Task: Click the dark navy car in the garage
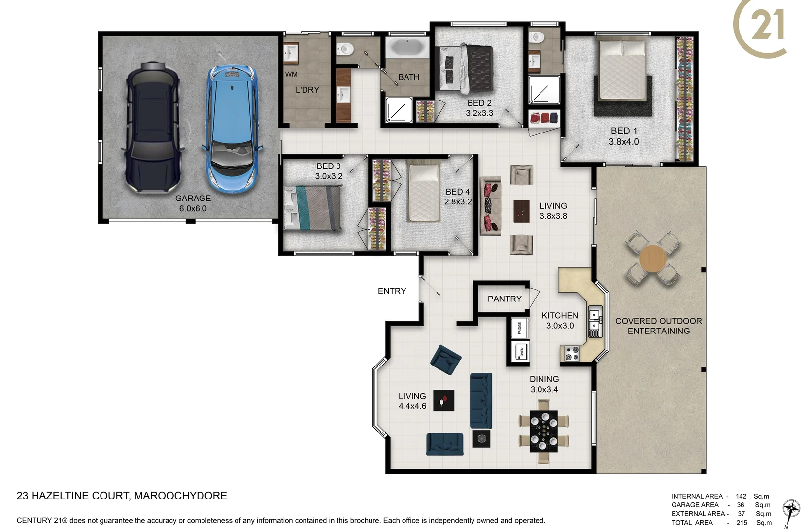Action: (153, 128)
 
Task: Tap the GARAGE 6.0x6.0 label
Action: (193, 203)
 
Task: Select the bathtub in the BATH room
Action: (407, 48)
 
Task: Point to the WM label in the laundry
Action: (291, 74)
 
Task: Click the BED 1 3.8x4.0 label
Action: (624, 136)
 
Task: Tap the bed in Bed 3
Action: (313, 208)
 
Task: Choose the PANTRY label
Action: (504, 299)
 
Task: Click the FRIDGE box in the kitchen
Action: (519, 328)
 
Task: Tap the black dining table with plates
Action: (543, 431)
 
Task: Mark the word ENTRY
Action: (392, 291)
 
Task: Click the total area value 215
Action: (742, 523)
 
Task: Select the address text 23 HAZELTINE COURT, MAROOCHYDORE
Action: (122, 496)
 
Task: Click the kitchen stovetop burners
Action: (572, 353)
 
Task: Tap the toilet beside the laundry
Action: (345, 48)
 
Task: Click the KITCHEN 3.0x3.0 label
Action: (560, 320)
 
